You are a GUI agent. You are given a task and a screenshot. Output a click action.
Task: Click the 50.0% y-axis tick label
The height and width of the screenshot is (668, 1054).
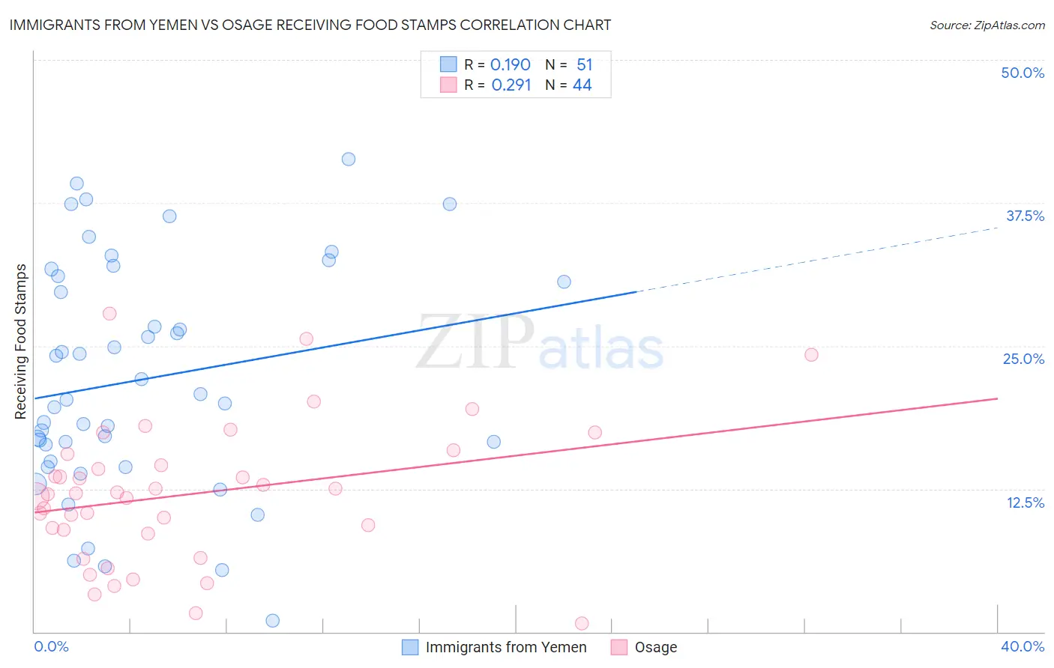point(1023,73)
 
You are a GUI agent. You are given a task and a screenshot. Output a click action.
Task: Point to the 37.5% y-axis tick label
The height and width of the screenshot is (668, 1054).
point(1025,216)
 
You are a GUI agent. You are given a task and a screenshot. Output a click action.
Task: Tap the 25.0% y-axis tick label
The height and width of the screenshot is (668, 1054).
point(1023,359)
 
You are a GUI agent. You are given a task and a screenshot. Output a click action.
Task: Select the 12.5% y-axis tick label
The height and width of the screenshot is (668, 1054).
point(1025,502)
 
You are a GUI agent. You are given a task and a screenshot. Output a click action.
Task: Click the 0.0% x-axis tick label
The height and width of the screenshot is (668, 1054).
point(51,646)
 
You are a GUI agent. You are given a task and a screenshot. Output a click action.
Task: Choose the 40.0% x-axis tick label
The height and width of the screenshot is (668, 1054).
point(1022,646)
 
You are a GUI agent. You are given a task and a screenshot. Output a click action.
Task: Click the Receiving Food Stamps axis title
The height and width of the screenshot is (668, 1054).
point(20,341)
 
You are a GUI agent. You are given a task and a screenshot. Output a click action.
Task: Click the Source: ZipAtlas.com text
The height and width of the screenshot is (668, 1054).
point(987,25)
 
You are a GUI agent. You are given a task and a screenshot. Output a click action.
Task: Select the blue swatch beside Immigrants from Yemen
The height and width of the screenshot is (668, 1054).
point(410,647)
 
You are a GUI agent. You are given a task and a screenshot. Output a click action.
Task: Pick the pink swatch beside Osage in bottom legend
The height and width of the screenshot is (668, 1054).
point(618,647)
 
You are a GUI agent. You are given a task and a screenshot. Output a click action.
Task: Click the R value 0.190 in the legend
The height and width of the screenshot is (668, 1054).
point(510,65)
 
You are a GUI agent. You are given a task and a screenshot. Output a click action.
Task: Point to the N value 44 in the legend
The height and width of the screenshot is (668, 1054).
point(582,85)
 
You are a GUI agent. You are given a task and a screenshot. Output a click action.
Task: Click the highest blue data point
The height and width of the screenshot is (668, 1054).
point(349,159)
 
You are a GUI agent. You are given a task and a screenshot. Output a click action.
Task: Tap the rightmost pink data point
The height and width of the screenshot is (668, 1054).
point(811,354)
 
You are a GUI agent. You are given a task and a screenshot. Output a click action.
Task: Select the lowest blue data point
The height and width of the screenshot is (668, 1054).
point(273,620)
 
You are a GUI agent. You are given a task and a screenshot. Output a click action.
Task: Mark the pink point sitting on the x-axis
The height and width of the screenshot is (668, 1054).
point(582,623)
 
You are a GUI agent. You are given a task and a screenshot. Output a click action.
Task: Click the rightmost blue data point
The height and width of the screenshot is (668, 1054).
point(564,282)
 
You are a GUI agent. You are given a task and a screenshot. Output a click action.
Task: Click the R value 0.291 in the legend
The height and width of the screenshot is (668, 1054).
point(511,85)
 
